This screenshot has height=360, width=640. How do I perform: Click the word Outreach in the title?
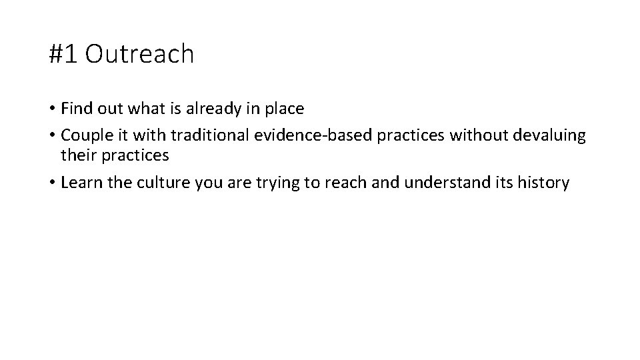click(x=139, y=55)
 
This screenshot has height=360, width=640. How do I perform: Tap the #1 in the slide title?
click(x=64, y=55)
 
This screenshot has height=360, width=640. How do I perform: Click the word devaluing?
click(x=551, y=135)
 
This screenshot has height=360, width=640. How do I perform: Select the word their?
click(x=77, y=156)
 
